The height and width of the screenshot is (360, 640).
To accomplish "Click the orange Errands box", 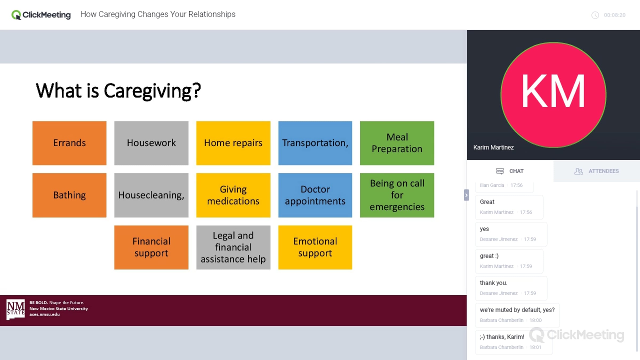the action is pyautogui.click(x=69, y=143).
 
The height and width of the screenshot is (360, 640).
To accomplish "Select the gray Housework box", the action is pyautogui.click(x=151, y=143).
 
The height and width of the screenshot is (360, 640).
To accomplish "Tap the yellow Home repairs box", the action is pyautogui.click(x=233, y=143).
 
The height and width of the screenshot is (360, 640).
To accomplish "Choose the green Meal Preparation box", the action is pyautogui.click(x=397, y=143).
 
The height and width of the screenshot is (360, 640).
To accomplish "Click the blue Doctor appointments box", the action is pyautogui.click(x=315, y=195).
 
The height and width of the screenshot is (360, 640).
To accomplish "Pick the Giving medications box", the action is pyautogui.click(x=233, y=195).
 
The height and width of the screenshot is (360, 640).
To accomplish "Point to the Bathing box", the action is pyautogui.click(x=69, y=195).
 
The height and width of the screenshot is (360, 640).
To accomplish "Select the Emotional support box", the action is pyautogui.click(x=315, y=247).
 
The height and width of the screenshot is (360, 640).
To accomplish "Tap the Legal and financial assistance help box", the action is pyautogui.click(x=233, y=247).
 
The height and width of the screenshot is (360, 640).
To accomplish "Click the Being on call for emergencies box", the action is pyautogui.click(x=397, y=195).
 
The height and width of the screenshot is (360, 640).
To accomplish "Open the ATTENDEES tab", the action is pyautogui.click(x=597, y=171).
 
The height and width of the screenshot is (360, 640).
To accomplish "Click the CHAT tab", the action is pyautogui.click(x=510, y=171).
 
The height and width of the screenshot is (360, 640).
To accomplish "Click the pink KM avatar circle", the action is pyautogui.click(x=553, y=95).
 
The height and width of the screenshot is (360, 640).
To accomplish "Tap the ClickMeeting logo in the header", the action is pyautogui.click(x=41, y=15).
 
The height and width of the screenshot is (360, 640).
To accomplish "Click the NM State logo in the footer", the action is pyautogui.click(x=16, y=309).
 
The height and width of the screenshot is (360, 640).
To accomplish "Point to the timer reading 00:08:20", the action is pyautogui.click(x=614, y=15).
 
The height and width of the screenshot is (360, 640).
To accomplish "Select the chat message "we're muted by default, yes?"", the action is pyautogui.click(x=517, y=310).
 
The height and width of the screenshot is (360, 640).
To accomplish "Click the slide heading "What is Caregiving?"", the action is pyautogui.click(x=118, y=91).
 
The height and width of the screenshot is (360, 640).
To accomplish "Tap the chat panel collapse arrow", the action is pyautogui.click(x=466, y=195).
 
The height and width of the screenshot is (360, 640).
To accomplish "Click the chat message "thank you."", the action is pyautogui.click(x=494, y=283).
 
